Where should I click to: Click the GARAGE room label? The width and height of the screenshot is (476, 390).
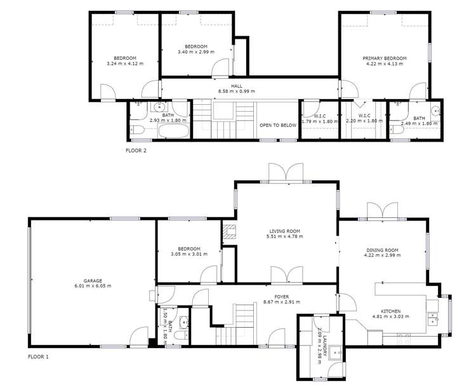point(93,279)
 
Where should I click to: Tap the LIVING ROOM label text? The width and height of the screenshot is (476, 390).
point(284,231)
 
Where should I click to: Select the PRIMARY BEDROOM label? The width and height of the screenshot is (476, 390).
point(384,58)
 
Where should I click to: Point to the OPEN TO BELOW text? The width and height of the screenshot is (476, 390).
point(278,125)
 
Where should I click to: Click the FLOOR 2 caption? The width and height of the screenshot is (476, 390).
point(136,151)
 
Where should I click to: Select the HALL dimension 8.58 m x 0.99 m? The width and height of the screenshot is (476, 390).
point(236,91)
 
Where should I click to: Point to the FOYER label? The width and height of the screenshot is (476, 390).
point(282,296)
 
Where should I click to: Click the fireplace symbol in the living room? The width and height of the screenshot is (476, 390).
point(228,233)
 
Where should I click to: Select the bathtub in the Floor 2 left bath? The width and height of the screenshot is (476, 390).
point(173,131)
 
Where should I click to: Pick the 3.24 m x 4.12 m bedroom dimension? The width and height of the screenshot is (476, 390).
point(125,64)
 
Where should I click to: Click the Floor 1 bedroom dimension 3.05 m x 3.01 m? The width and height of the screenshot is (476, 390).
point(189,255)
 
